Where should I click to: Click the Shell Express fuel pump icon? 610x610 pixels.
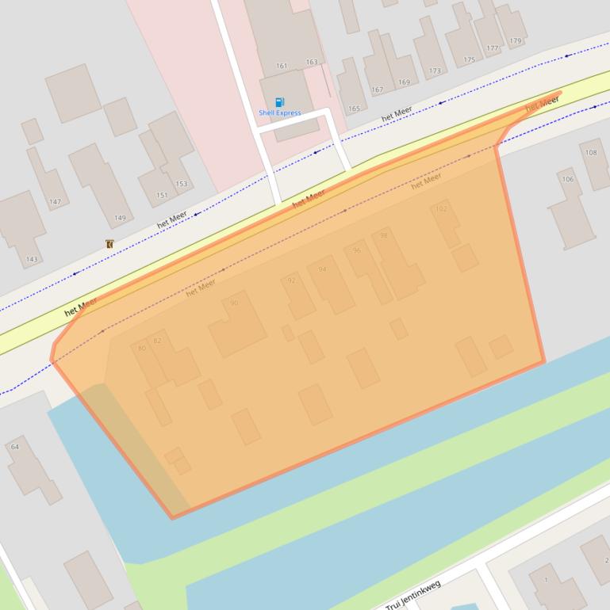point(279,102)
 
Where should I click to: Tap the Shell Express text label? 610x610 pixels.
point(279,113)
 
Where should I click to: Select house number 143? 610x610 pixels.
point(32,259)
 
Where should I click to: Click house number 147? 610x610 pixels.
point(55,202)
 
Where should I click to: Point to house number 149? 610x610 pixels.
point(120,218)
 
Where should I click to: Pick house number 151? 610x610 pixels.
point(162,195)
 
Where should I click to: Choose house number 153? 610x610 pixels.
point(182,184)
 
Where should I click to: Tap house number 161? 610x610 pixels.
point(282,66)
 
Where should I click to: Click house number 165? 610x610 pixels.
point(354,109)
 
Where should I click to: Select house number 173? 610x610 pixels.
point(435,71)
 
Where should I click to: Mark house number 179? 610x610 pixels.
point(516,41)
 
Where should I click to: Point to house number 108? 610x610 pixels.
point(591,153)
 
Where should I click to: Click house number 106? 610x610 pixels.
point(568,179)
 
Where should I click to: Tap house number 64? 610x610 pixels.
point(14,447)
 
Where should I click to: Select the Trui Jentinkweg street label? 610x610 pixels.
point(412,595)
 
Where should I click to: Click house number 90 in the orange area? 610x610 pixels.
point(234,303)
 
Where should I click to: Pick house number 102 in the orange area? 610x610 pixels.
point(441,209)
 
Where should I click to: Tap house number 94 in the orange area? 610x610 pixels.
point(322,269)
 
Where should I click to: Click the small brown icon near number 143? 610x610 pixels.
point(109,244)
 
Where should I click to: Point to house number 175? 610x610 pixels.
point(469,59)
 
